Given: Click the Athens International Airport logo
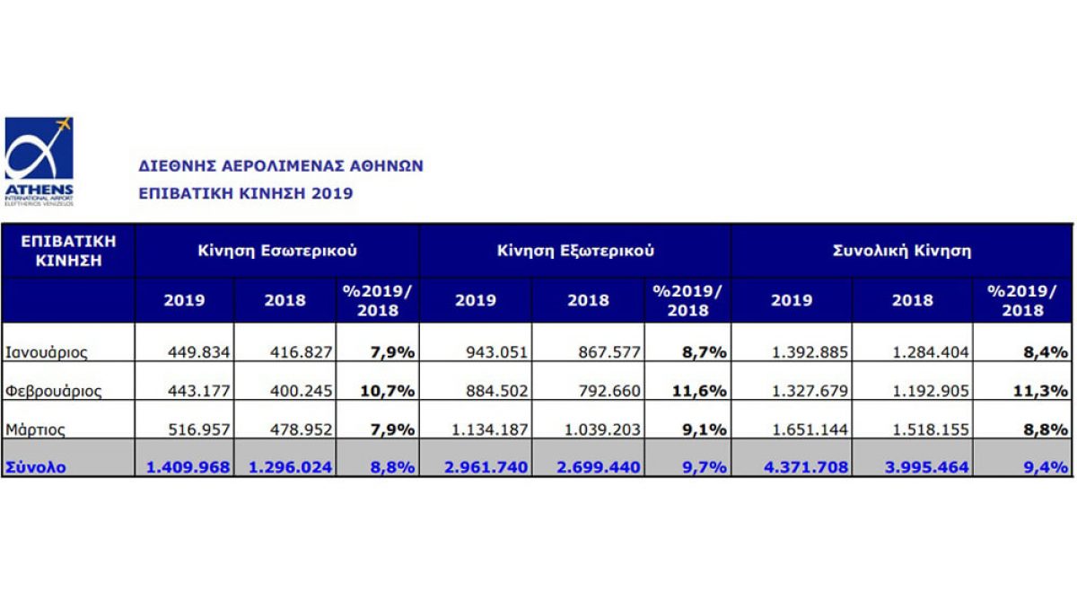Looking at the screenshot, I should tap(39, 160).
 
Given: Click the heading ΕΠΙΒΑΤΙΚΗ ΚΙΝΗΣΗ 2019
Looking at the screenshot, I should tap(245, 193).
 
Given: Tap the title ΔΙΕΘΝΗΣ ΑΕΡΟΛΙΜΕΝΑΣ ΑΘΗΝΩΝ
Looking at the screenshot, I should tap(280, 166).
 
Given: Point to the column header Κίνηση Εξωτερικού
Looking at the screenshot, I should tap(575, 251).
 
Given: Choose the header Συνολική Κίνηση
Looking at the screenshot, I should tap(902, 251).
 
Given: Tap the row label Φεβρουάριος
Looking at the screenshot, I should tap(53, 391).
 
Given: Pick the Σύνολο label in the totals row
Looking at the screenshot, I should tap(36, 467).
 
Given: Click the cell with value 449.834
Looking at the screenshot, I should tap(198, 352).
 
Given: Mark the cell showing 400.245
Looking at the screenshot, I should tap(301, 391).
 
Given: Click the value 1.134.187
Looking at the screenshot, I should tap(491, 429).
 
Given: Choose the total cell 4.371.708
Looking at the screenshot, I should tap(806, 467).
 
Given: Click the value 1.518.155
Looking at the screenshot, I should tap(931, 429).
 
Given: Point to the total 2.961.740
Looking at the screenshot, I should tap(488, 467).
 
